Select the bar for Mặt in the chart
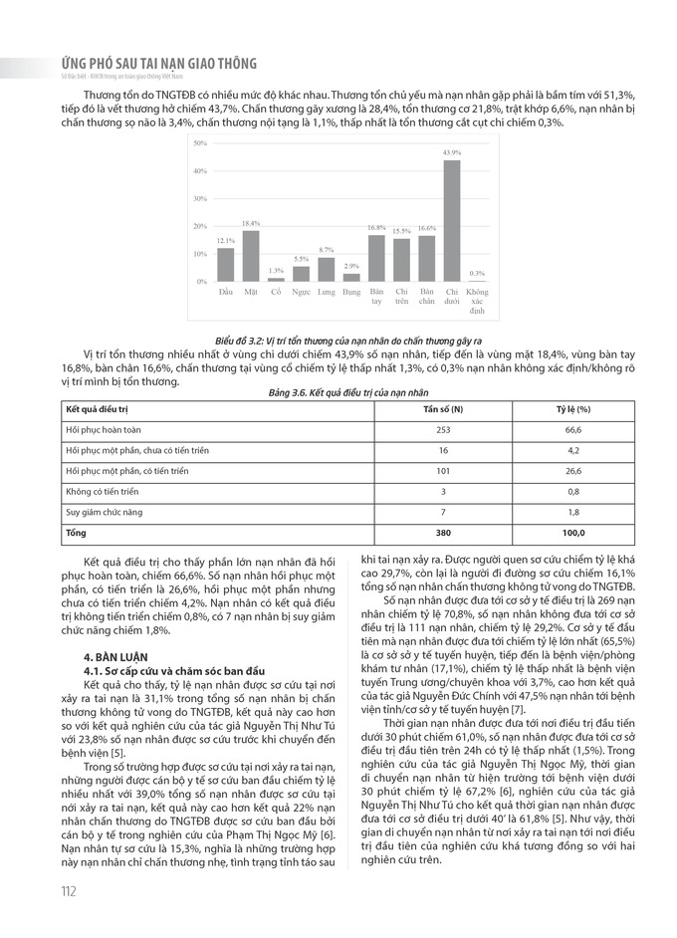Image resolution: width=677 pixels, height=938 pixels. coord(251,257)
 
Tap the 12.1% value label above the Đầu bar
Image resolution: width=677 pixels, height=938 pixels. coord(226,241)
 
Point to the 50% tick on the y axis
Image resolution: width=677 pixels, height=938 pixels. coord(200,143)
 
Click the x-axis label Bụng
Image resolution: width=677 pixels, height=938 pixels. coord(351,292)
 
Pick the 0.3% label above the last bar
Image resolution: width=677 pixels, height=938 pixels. coord(477,273)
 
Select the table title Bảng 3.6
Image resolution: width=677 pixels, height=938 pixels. coord(338,393)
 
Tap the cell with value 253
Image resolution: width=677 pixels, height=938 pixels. coord(443,430)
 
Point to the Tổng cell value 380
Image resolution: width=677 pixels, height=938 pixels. coord(443,533)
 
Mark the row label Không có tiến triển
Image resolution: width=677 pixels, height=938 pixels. coord(102,492)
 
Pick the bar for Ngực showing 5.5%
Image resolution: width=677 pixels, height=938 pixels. coord(302,274)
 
